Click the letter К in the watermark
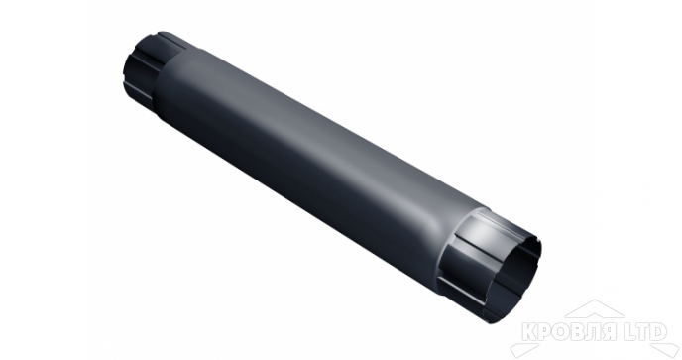coord(529,332)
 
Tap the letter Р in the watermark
coord(545,332)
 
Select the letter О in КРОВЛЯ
coord(562,332)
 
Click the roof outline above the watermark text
coord(594,304)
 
